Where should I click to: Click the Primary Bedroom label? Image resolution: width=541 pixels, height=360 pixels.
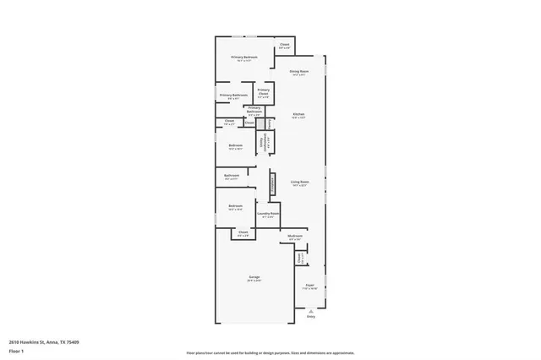[x=245, y=57]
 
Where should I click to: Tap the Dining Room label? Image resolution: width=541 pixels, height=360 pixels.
[x=298, y=72]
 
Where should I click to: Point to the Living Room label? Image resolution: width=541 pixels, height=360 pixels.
[x=299, y=182]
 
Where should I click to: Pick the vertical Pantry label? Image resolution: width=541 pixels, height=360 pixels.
[x=270, y=123]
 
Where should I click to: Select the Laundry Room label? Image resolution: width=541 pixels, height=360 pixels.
[x=268, y=215]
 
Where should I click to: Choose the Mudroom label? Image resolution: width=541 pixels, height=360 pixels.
[x=294, y=236]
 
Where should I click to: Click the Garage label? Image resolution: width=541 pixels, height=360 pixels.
[x=254, y=278]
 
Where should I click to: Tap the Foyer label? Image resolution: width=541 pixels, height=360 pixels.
[x=310, y=286]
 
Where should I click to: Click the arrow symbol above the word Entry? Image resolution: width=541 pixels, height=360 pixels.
[x=310, y=310]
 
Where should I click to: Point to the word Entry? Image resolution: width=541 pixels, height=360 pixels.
[x=310, y=317]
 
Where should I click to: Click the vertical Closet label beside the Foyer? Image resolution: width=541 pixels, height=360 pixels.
[x=300, y=258]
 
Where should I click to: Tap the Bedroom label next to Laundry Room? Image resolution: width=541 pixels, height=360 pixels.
[x=235, y=206]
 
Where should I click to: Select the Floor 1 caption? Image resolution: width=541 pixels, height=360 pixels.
[x=16, y=350]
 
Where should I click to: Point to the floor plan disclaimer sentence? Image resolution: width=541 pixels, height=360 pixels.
[x=270, y=352]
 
